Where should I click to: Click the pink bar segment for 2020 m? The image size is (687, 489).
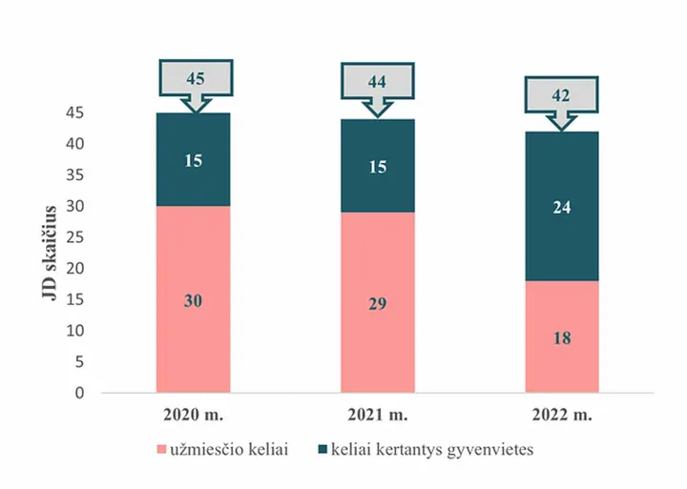point(193,299)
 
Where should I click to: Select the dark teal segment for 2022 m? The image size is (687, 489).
point(562,206)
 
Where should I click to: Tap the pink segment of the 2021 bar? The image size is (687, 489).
point(378,302)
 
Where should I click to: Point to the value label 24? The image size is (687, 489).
point(562,208)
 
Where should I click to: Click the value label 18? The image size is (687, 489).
point(562,338)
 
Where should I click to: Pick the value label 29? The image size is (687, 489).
point(377,303)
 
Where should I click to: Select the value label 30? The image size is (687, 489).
point(193,301)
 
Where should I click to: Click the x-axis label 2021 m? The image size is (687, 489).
point(378,415)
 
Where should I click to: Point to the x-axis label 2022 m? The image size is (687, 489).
point(562,415)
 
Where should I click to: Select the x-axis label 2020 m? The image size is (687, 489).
point(193,415)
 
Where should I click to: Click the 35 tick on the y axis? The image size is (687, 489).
point(75,175)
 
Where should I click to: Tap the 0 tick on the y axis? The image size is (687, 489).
point(79,393)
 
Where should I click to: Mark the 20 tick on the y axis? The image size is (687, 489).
point(75,268)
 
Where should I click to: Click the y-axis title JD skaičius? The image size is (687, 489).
point(50,253)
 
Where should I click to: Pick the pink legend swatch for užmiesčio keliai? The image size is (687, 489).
point(161,450)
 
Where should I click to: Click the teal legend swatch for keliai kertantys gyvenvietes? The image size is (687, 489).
point(323,449)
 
